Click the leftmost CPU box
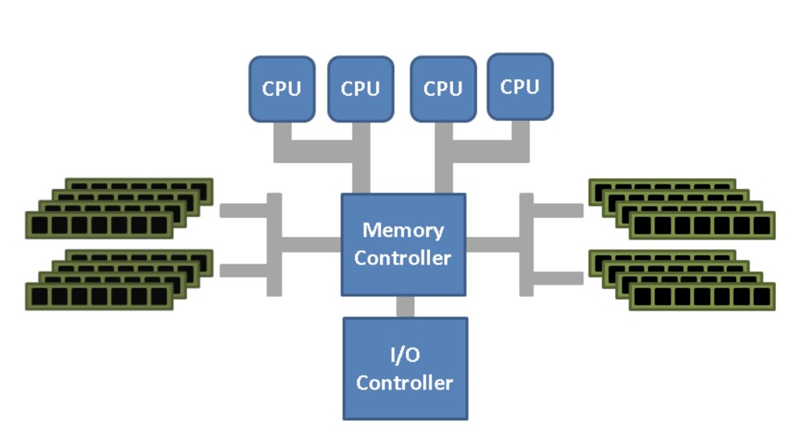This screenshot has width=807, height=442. (x=282, y=89)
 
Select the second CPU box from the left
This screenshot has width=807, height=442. (x=361, y=89)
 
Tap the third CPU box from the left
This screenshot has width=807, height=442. (x=443, y=89)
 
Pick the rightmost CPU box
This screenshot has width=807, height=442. (x=521, y=87)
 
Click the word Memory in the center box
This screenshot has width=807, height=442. (x=403, y=230)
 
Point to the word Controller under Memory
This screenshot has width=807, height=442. (x=403, y=258)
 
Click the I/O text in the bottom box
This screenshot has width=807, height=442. (x=405, y=355)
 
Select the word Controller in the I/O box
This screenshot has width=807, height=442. (x=404, y=383)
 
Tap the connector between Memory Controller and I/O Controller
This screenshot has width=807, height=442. (x=405, y=306)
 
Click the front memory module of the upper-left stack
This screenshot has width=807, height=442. (x=99, y=225)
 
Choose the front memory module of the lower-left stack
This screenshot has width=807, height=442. (x=99, y=296)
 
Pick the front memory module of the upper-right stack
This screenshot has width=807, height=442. (x=702, y=225)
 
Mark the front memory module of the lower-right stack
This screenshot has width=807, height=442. (x=702, y=297)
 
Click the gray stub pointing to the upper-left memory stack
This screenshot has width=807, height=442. (x=244, y=211)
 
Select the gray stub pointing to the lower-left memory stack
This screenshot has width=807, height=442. (x=244, y=271)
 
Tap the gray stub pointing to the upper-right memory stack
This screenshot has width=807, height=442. (x=558, y=211)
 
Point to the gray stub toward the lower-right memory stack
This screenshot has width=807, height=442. (x=558, y=278)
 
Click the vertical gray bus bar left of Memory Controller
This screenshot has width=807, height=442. (x=274, y=245)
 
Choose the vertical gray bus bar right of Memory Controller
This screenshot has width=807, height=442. (x=526, y=245)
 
